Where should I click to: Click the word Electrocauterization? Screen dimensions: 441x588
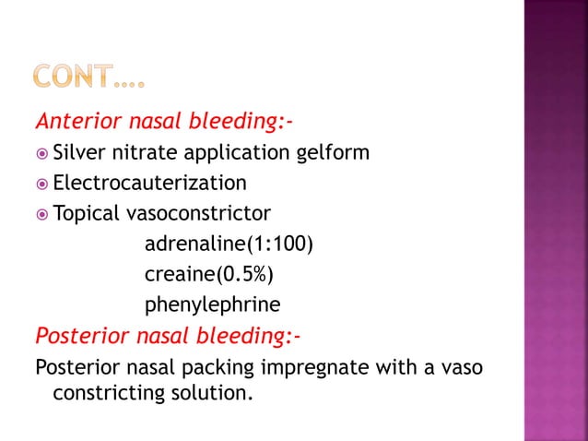pyautogui.click(x=149, y=183)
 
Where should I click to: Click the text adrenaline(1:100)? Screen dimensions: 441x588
pyautogui.click(x=229, y=244)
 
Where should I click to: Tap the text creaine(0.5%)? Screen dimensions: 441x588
pyautogui.click(x=209, y=274)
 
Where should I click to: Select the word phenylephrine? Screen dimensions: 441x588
pyautogui.click(x=212, y=304)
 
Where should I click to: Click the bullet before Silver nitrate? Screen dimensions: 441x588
pyautogui.click(x=41, y=152)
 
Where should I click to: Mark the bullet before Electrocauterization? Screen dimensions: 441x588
pyautogui.click(x=41, y=183)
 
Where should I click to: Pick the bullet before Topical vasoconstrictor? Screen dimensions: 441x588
pyautogui.click(x=41, y=214)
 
